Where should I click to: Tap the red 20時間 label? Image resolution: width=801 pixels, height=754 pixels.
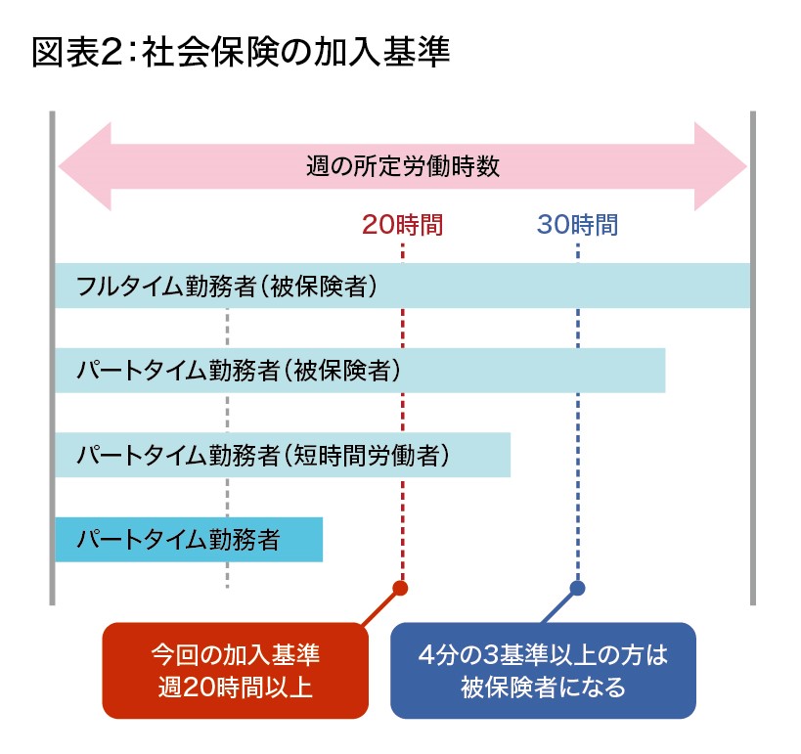point(402,226)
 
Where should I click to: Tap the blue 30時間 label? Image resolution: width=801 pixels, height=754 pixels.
point(577,226)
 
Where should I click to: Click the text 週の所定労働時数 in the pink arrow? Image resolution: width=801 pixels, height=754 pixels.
point(402,166)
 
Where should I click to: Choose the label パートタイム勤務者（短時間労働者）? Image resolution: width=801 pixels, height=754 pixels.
point(263,455)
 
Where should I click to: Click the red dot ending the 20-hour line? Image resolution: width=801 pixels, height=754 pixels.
point(399,588)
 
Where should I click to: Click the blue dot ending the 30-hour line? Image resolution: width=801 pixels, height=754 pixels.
point(577,588)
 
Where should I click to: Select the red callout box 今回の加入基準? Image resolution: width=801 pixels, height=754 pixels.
point(235,670)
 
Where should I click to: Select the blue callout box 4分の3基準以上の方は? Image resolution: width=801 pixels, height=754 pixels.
point(543,670)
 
